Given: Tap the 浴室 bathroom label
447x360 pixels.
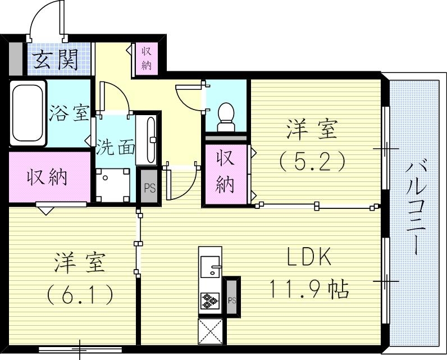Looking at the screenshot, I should [x=69, y=112].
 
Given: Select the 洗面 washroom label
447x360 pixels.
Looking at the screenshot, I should [x=115, y=147].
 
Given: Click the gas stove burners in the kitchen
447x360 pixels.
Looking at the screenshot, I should [x=210, y=301].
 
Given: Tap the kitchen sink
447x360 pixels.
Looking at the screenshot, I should [x=211, y=266].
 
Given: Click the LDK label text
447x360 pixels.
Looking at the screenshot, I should [x=309, y=258].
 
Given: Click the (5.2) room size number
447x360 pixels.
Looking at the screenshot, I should [x=312, y=162].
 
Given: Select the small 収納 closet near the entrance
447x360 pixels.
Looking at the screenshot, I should [x=146, y=58].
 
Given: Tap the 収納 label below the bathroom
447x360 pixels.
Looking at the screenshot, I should [x=48, y=177].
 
